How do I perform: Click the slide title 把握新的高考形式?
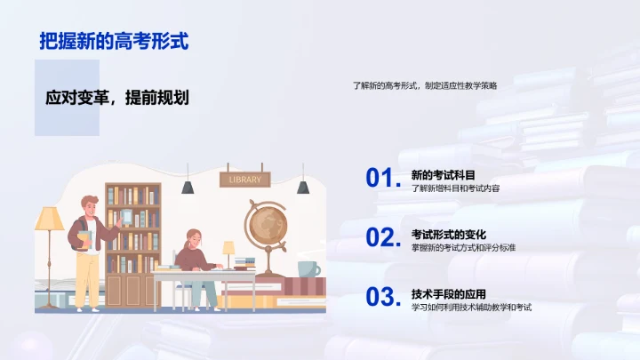click(x=115, y=41)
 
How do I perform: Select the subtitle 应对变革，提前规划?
click(x=117, y=98)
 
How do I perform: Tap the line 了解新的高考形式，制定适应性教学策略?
click(x=425, y=86)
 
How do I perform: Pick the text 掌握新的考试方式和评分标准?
click(x=463, y=248)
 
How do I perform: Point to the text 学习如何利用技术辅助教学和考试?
click(x=471, y=308)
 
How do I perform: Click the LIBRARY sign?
click(x=245, y=180)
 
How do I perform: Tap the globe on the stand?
click(x=264, y=225)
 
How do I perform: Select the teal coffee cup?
click(x=308, y=268)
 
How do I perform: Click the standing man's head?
click(x=90, y=205)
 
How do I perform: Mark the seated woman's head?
click(x=194, y=239)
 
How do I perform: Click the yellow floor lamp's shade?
click(x=49, y=219)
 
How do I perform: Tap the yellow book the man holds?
click(x=84, y=238)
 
